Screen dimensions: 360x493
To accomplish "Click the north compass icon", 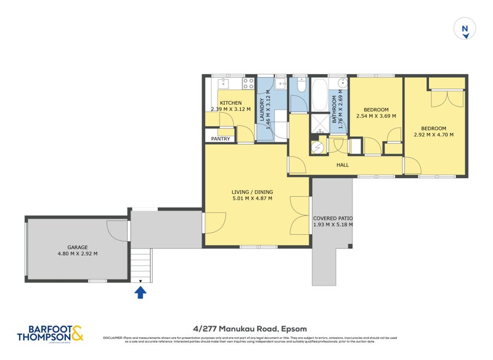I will click(465, 29).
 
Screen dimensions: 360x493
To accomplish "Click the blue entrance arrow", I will click(141, 292).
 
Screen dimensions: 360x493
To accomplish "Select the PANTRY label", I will click(220, 139).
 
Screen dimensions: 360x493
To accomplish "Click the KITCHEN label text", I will click(230, 103).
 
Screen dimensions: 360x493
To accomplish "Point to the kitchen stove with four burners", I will click(248, 83).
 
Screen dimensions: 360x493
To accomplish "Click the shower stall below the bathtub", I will click(320, 124).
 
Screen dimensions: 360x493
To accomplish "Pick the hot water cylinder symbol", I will click(318, 147).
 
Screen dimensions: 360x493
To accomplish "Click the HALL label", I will click(343, 165).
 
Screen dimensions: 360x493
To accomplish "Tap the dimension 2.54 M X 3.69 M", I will click(376, 115).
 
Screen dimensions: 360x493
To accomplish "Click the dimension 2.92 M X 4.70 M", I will click(433, 134).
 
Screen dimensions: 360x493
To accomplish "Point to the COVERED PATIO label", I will click(333, 218).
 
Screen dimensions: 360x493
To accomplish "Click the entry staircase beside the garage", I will click(141, 265).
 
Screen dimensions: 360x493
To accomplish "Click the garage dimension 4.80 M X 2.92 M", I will click(77, 253).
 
